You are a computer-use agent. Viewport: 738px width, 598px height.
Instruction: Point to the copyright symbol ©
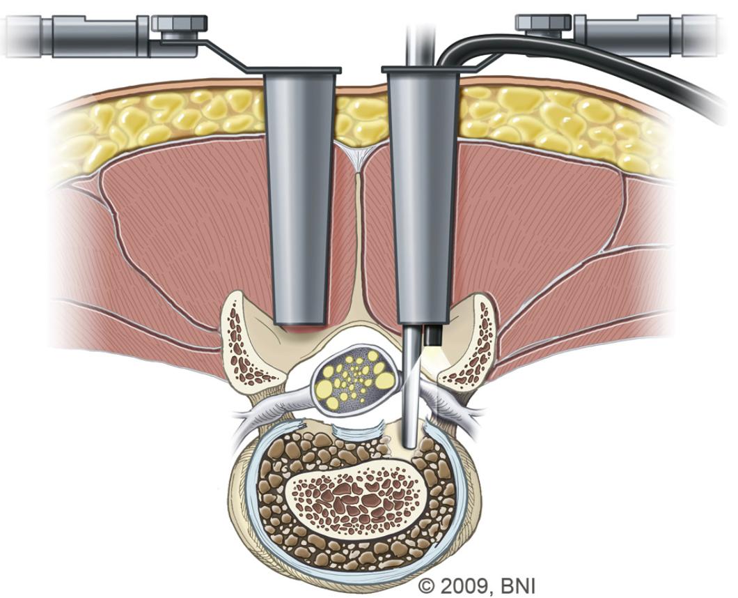pyautogui.click(x=426, y=585)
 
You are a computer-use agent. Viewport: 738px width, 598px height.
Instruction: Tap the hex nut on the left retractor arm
pyautogui.click(x=179, y=24)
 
